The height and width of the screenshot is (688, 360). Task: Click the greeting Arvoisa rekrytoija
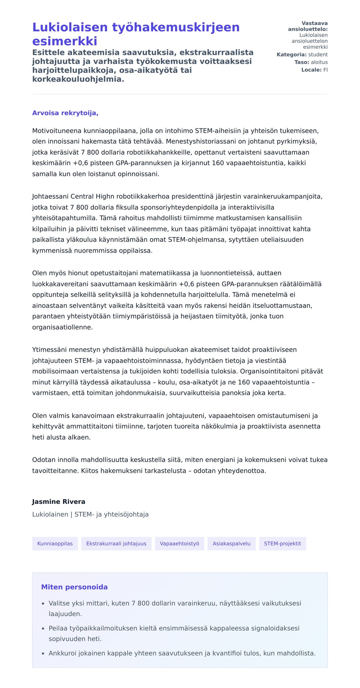65,113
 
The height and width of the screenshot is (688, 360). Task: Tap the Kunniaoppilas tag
55,543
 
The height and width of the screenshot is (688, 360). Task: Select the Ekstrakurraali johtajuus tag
116,543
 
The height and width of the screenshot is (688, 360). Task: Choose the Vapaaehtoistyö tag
179,543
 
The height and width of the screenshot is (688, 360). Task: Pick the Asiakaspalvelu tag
231,543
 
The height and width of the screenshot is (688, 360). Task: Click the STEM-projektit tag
282,543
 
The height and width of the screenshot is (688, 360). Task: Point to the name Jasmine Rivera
58,501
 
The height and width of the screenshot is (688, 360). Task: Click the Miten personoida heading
74,587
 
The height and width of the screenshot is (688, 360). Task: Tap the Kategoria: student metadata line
302,55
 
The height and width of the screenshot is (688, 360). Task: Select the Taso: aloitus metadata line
311,62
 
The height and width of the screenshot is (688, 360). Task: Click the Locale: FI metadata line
314,70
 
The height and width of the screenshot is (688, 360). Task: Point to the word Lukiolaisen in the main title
70,27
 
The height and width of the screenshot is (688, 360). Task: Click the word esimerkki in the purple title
65,41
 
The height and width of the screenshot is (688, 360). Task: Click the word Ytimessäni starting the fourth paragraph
49,350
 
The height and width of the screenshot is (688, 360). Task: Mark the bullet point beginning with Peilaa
174,628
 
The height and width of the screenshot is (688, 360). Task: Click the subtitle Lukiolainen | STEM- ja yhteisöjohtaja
90,514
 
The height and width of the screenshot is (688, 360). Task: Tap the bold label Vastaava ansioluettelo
308,26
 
